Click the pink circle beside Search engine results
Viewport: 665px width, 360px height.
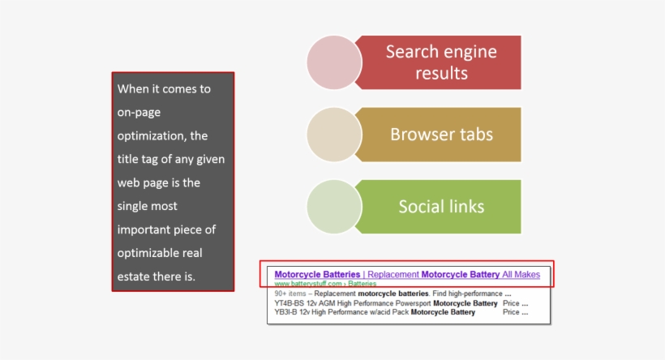[x=334, y=62]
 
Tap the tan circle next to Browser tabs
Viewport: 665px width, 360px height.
[x=334, y=135]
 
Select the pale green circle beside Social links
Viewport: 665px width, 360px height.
[x=334, y=206]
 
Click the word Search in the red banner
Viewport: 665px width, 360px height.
[x=413, y=53]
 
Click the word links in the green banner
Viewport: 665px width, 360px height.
[x=467, y=207]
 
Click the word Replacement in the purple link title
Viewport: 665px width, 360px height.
[x=393, y=275]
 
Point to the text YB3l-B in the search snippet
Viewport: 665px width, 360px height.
[x=288, y=312]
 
